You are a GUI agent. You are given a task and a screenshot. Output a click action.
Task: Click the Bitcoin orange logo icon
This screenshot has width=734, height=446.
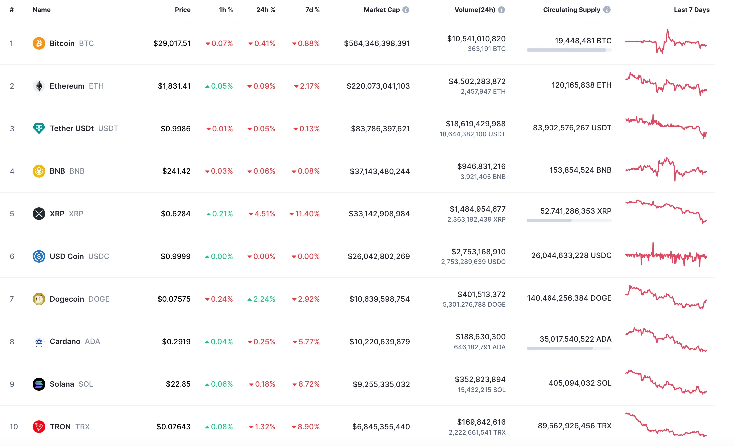(39, 43)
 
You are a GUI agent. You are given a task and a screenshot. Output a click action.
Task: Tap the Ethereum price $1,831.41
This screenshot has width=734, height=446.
(174, 86)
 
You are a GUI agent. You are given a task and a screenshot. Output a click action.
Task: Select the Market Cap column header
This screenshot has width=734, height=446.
(381, 10)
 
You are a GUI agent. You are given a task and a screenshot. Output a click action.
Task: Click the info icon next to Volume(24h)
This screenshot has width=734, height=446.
(501, 10)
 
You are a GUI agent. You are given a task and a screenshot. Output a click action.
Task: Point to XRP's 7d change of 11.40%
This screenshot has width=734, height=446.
(307, 214)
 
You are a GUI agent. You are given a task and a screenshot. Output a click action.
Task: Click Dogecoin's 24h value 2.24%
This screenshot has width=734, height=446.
(264, 299)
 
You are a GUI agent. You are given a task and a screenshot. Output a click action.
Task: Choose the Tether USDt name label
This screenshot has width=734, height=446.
(72, 128)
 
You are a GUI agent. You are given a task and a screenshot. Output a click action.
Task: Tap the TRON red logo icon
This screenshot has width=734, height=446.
(39, 427)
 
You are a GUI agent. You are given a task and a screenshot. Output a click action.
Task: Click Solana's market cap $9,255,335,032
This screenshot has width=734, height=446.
(381, 384)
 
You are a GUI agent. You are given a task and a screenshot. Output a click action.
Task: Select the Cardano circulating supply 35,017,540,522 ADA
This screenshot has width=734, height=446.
(575, 339)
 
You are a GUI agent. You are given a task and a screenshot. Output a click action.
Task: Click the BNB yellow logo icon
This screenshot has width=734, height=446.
(39, 171)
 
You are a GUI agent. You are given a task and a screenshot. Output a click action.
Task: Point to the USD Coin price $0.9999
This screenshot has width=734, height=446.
(176, 256)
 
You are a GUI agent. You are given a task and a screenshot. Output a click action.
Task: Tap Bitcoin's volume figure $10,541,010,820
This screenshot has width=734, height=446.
(476, 39)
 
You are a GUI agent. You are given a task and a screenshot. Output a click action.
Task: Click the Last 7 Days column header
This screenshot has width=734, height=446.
(691, 10)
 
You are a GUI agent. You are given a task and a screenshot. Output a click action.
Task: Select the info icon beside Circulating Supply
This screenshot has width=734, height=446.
(607, 10)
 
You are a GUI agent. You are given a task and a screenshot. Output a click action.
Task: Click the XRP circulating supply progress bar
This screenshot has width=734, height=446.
(569, 220)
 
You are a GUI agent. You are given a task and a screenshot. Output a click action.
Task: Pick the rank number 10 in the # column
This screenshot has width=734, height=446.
(14, 427)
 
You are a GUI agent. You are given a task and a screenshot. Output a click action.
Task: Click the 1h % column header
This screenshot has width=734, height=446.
(226, 10)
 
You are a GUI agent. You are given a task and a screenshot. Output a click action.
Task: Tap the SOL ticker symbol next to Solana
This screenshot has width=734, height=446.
(86, 384)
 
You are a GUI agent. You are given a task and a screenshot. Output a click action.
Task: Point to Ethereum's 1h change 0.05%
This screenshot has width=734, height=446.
(222, 86)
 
